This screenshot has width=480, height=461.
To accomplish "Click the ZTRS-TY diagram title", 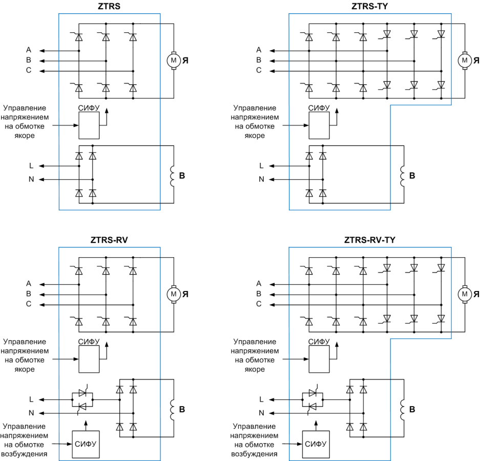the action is click(x=369, y=6).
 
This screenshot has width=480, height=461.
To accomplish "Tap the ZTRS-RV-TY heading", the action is click(x=369, y=240).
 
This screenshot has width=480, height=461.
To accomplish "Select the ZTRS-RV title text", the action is click(x=109, y=240).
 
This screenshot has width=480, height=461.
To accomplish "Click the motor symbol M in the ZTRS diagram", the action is click(x=174, y=60).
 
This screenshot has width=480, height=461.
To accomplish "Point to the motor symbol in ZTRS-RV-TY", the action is click(x=465, y=294).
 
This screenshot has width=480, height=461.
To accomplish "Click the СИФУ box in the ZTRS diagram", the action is click(x=89, y=125).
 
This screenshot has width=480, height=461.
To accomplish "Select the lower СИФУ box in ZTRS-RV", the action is click(x=86, y=445).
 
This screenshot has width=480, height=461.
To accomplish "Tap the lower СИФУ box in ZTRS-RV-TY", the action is click(x=316, y=445).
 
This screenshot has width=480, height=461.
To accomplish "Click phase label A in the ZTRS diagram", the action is click(x=29, y=50).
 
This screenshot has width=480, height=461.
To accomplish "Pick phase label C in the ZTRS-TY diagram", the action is click(x=259, y=70).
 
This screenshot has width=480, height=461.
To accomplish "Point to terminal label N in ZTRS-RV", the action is click(x=31, y=413).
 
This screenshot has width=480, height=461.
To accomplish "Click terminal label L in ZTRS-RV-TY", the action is click(x=261, y=400).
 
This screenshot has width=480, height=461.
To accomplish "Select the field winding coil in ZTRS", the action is click(x=172, y=176).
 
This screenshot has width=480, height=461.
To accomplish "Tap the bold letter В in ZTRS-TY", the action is click(x=412, y=176).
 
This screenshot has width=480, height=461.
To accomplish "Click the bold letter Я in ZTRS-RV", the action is click(x=185, y=294).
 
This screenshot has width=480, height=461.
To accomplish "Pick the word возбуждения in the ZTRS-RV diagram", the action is click(x=25, y=454).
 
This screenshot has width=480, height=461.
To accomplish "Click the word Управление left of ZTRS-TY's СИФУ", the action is click(x=255, y=108).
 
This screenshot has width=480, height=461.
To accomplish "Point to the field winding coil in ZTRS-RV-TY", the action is click(x=402, y=410).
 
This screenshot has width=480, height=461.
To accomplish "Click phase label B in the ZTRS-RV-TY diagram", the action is click(x=259, y=294).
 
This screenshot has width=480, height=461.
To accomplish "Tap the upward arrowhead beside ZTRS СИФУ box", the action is click(x=107, y=111).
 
